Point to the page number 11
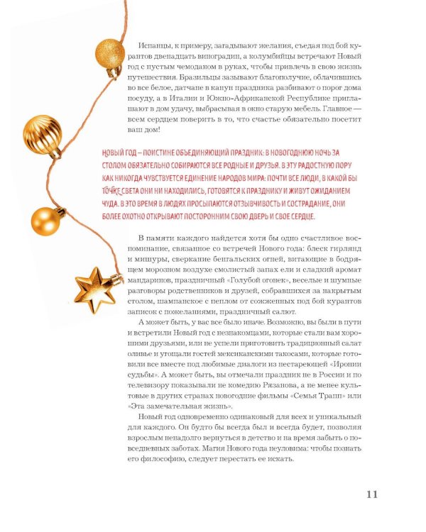pos(374,494)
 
